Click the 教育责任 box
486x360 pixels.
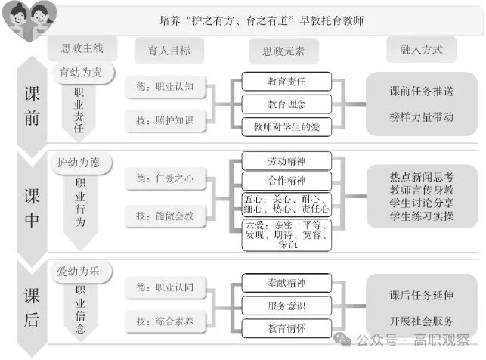click(286, 82)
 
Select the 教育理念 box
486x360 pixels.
click(286, 104)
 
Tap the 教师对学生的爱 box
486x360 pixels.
click(286, 127)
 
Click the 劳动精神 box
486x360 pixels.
click(286, 160)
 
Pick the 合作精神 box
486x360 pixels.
click(286, 181)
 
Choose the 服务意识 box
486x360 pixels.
click(286, 306)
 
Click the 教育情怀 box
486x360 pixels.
click(286, 328)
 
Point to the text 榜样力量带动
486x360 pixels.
click(422, 116)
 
